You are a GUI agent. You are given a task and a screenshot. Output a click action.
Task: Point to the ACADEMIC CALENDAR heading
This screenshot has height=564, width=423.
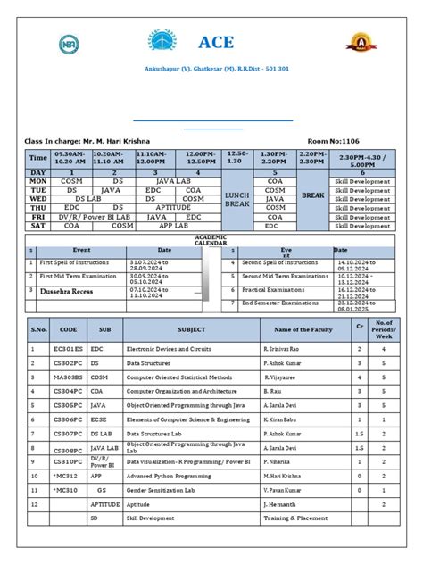coord(211,240)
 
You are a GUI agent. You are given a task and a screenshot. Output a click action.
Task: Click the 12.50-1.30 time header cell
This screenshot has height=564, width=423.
coord(236,157)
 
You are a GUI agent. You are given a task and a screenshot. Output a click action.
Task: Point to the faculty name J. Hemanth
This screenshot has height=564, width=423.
coord(280,503)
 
